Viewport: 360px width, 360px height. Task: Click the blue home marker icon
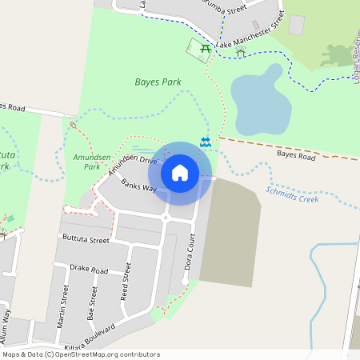coord(180,173)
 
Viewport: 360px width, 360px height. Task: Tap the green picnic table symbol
coord(206,50)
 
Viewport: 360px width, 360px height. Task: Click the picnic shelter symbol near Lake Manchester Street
coord(240,51)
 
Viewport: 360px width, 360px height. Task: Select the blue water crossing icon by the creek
coord(206,142)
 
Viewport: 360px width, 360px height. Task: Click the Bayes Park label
coord(158,82)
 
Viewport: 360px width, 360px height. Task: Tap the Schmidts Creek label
coord(292,194)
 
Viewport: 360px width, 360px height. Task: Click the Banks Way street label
coord(138,186)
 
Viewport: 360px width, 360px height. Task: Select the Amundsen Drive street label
coord(133,166)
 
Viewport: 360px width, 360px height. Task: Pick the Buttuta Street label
coord(84,239)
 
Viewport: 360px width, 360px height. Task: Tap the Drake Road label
coord(89,270)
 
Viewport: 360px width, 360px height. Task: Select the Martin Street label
coord(62,307)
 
